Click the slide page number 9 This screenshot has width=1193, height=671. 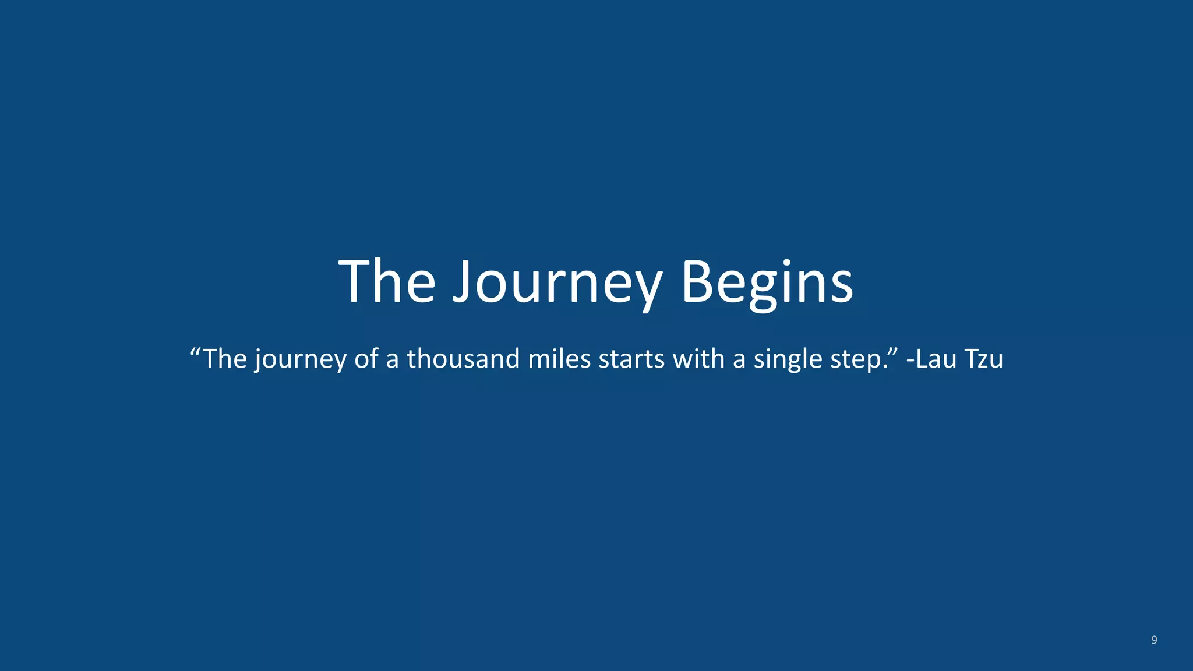[1154, 640]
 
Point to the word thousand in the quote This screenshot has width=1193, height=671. [463, 359]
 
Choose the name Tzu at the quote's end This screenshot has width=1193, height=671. [984, 359]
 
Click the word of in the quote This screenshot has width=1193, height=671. [366, 359]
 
